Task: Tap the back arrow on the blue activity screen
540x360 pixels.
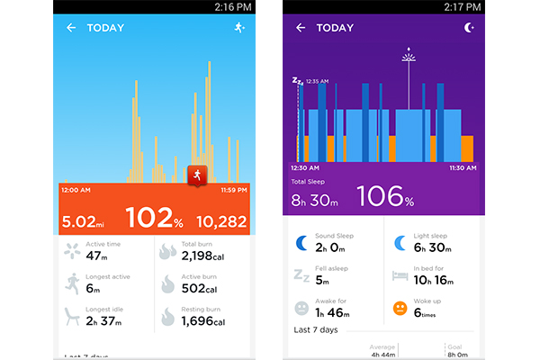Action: click(71, 28)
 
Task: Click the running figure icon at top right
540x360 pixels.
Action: click(238, 28)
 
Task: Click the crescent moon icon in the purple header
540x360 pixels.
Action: click(468, 28)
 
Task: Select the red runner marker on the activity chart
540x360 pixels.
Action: click(196, 175)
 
